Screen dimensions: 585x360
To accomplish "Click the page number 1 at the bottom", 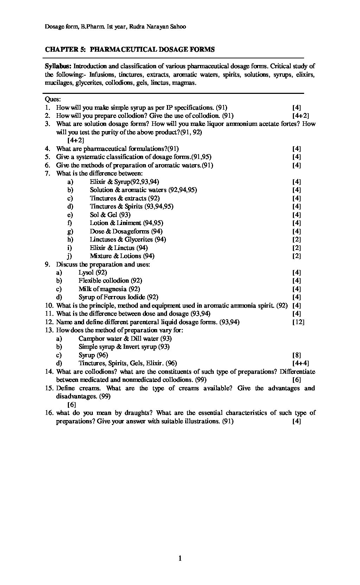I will pyautogui.click(x=180, y=558).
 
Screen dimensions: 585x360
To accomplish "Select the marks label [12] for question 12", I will pyautogui.click(x=298, y=322).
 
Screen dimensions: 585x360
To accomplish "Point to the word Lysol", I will pyautogui.click(x=86, y=272).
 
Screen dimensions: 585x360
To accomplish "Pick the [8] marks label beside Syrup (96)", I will pyautogui.click(x=297, y=355).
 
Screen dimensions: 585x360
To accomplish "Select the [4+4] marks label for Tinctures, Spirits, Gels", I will pyautogui.click(x=301, y=363).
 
